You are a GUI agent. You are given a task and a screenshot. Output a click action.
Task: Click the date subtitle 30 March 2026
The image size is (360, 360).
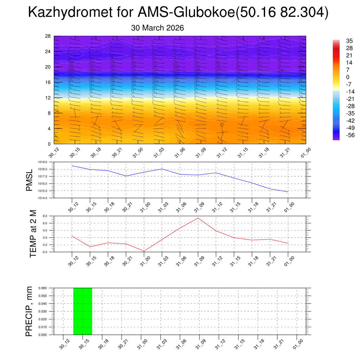click(157, 28)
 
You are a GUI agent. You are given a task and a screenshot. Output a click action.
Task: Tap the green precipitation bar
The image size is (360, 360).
click(83, 311)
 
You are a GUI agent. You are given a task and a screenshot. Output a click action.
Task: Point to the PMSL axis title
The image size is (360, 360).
click(29, 180)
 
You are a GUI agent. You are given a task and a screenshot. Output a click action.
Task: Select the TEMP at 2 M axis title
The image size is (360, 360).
click(33, 234)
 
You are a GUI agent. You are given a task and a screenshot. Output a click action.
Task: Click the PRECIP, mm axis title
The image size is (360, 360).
click(29, 311)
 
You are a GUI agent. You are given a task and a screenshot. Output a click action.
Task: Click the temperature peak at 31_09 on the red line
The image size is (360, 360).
click(198, 218)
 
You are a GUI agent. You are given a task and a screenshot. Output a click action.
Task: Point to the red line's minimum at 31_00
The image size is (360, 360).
click(144, 251)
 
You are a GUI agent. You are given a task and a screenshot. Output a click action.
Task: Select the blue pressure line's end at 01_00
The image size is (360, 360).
click(288, 192)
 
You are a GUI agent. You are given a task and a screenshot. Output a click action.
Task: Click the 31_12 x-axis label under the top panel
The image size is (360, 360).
click(220, 154)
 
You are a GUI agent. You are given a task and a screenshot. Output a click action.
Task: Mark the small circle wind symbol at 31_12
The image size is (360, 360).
click(222, 125)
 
